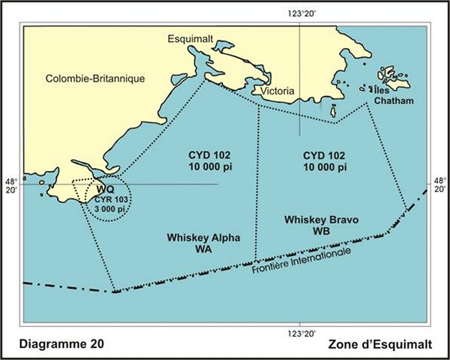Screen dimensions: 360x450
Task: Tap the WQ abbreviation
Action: [106, 189]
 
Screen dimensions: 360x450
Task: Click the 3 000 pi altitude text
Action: [112, 208]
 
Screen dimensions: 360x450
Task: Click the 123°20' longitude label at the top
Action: [300, 13]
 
